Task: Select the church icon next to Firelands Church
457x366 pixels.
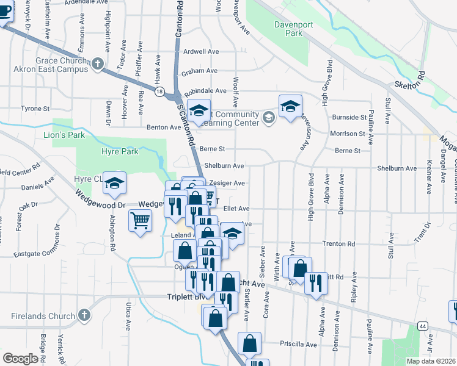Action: coord(84,316)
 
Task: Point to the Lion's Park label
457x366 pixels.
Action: coord(64,135)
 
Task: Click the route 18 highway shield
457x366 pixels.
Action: coord(159,91)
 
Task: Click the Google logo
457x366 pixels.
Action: coord(20,358)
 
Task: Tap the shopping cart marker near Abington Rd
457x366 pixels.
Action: coord(140,220)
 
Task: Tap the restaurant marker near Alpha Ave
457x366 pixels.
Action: coord(316,282)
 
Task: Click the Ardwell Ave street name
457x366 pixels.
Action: coord(201,52)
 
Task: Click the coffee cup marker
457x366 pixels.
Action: coord(4,12)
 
